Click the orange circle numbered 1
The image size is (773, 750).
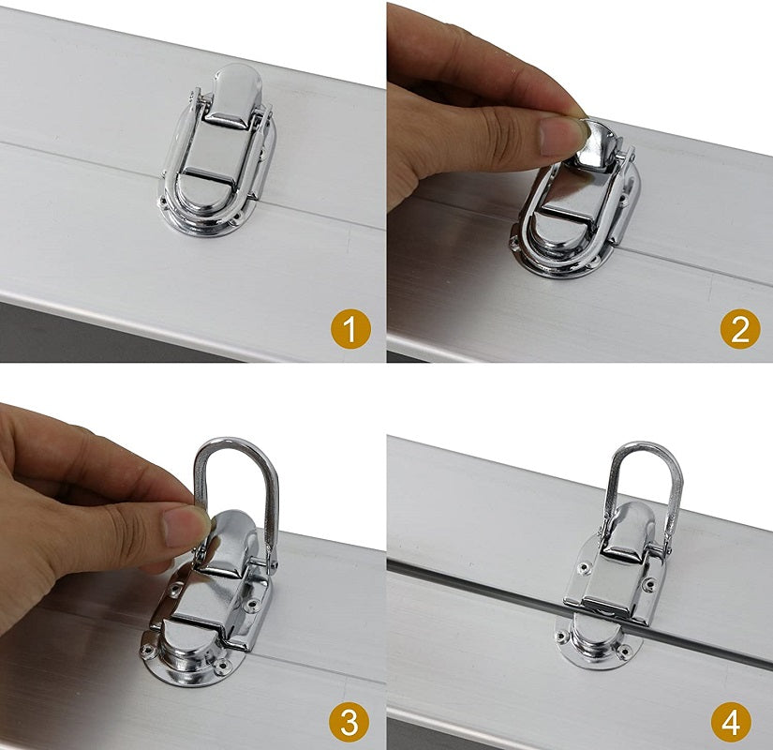349,329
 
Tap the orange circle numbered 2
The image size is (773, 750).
740,329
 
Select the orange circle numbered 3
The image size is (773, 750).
349,723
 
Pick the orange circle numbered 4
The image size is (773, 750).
732,723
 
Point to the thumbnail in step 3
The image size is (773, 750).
183,525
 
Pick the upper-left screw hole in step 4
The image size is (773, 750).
586,568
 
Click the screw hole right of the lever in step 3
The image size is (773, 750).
253,603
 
